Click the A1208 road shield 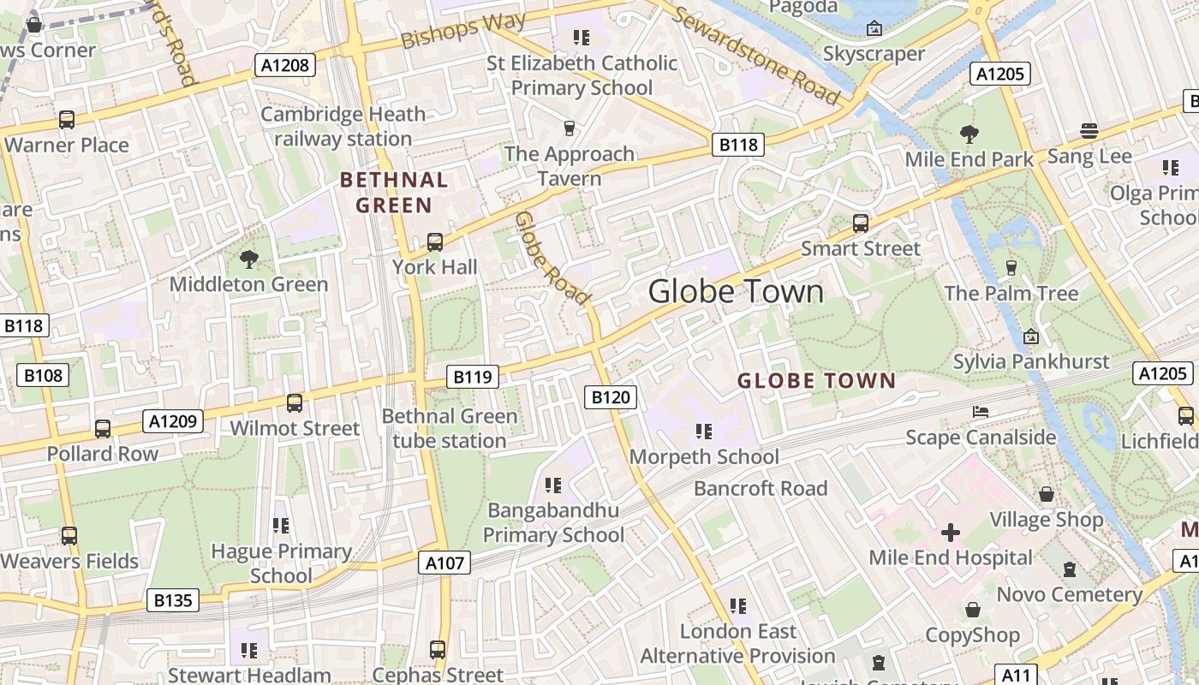(285, 65)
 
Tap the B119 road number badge (473, 376)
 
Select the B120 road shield (611, 396)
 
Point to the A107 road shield (445, 563)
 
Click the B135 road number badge (173, 600)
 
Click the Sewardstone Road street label (755, 55)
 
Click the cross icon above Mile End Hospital (951, 533)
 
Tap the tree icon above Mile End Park (969, 134)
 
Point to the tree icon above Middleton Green (249, 259)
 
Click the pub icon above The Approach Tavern (569, 128)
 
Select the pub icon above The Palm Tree (1011, 268)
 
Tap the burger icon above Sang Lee (1089, 131)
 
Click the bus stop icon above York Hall (435, 242)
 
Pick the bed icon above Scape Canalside (981, 412)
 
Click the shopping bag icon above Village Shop (1047, 494)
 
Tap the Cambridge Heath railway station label (343, 126)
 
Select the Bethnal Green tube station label (450, 428)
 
